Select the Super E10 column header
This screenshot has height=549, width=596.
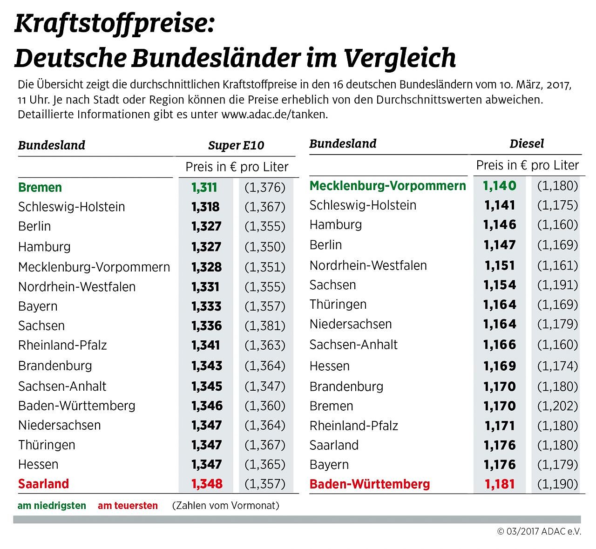pyautogui.click(x=236, y=145)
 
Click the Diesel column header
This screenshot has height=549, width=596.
pyautogui.click(x=527, y=143)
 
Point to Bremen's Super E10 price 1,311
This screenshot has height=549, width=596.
pyautogui.click(x=204, y=187)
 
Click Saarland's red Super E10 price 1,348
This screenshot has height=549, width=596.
pyautogui.click(x=207, y=484)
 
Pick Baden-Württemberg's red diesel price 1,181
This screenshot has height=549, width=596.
pyautogui.click(x=500, y=484)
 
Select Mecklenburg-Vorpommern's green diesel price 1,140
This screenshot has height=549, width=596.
pyautogui.click(x=500, y=186)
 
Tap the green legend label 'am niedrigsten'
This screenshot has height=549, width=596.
pyautogui.click(x=52, y=506)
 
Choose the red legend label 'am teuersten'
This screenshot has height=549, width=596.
pyautogui.click(x=128, y=506)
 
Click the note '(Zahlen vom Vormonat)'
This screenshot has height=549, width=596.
pyautogui.click(x=225, y=506)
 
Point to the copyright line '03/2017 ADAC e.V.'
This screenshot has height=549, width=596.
pyautogui.click(x=539, y=531)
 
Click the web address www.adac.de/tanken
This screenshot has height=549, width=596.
pyautogui.click(x=274, y=115)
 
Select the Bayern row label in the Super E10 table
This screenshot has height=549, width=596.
pyautogui.click(x=38, y=306)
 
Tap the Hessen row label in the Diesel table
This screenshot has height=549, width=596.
pyautogui.click(x=329, y=366)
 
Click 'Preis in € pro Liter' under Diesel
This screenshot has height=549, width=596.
pyautogui.click(x=527, y=165)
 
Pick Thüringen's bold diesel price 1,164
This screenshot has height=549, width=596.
pyautogui.click(x=500, y=305)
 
